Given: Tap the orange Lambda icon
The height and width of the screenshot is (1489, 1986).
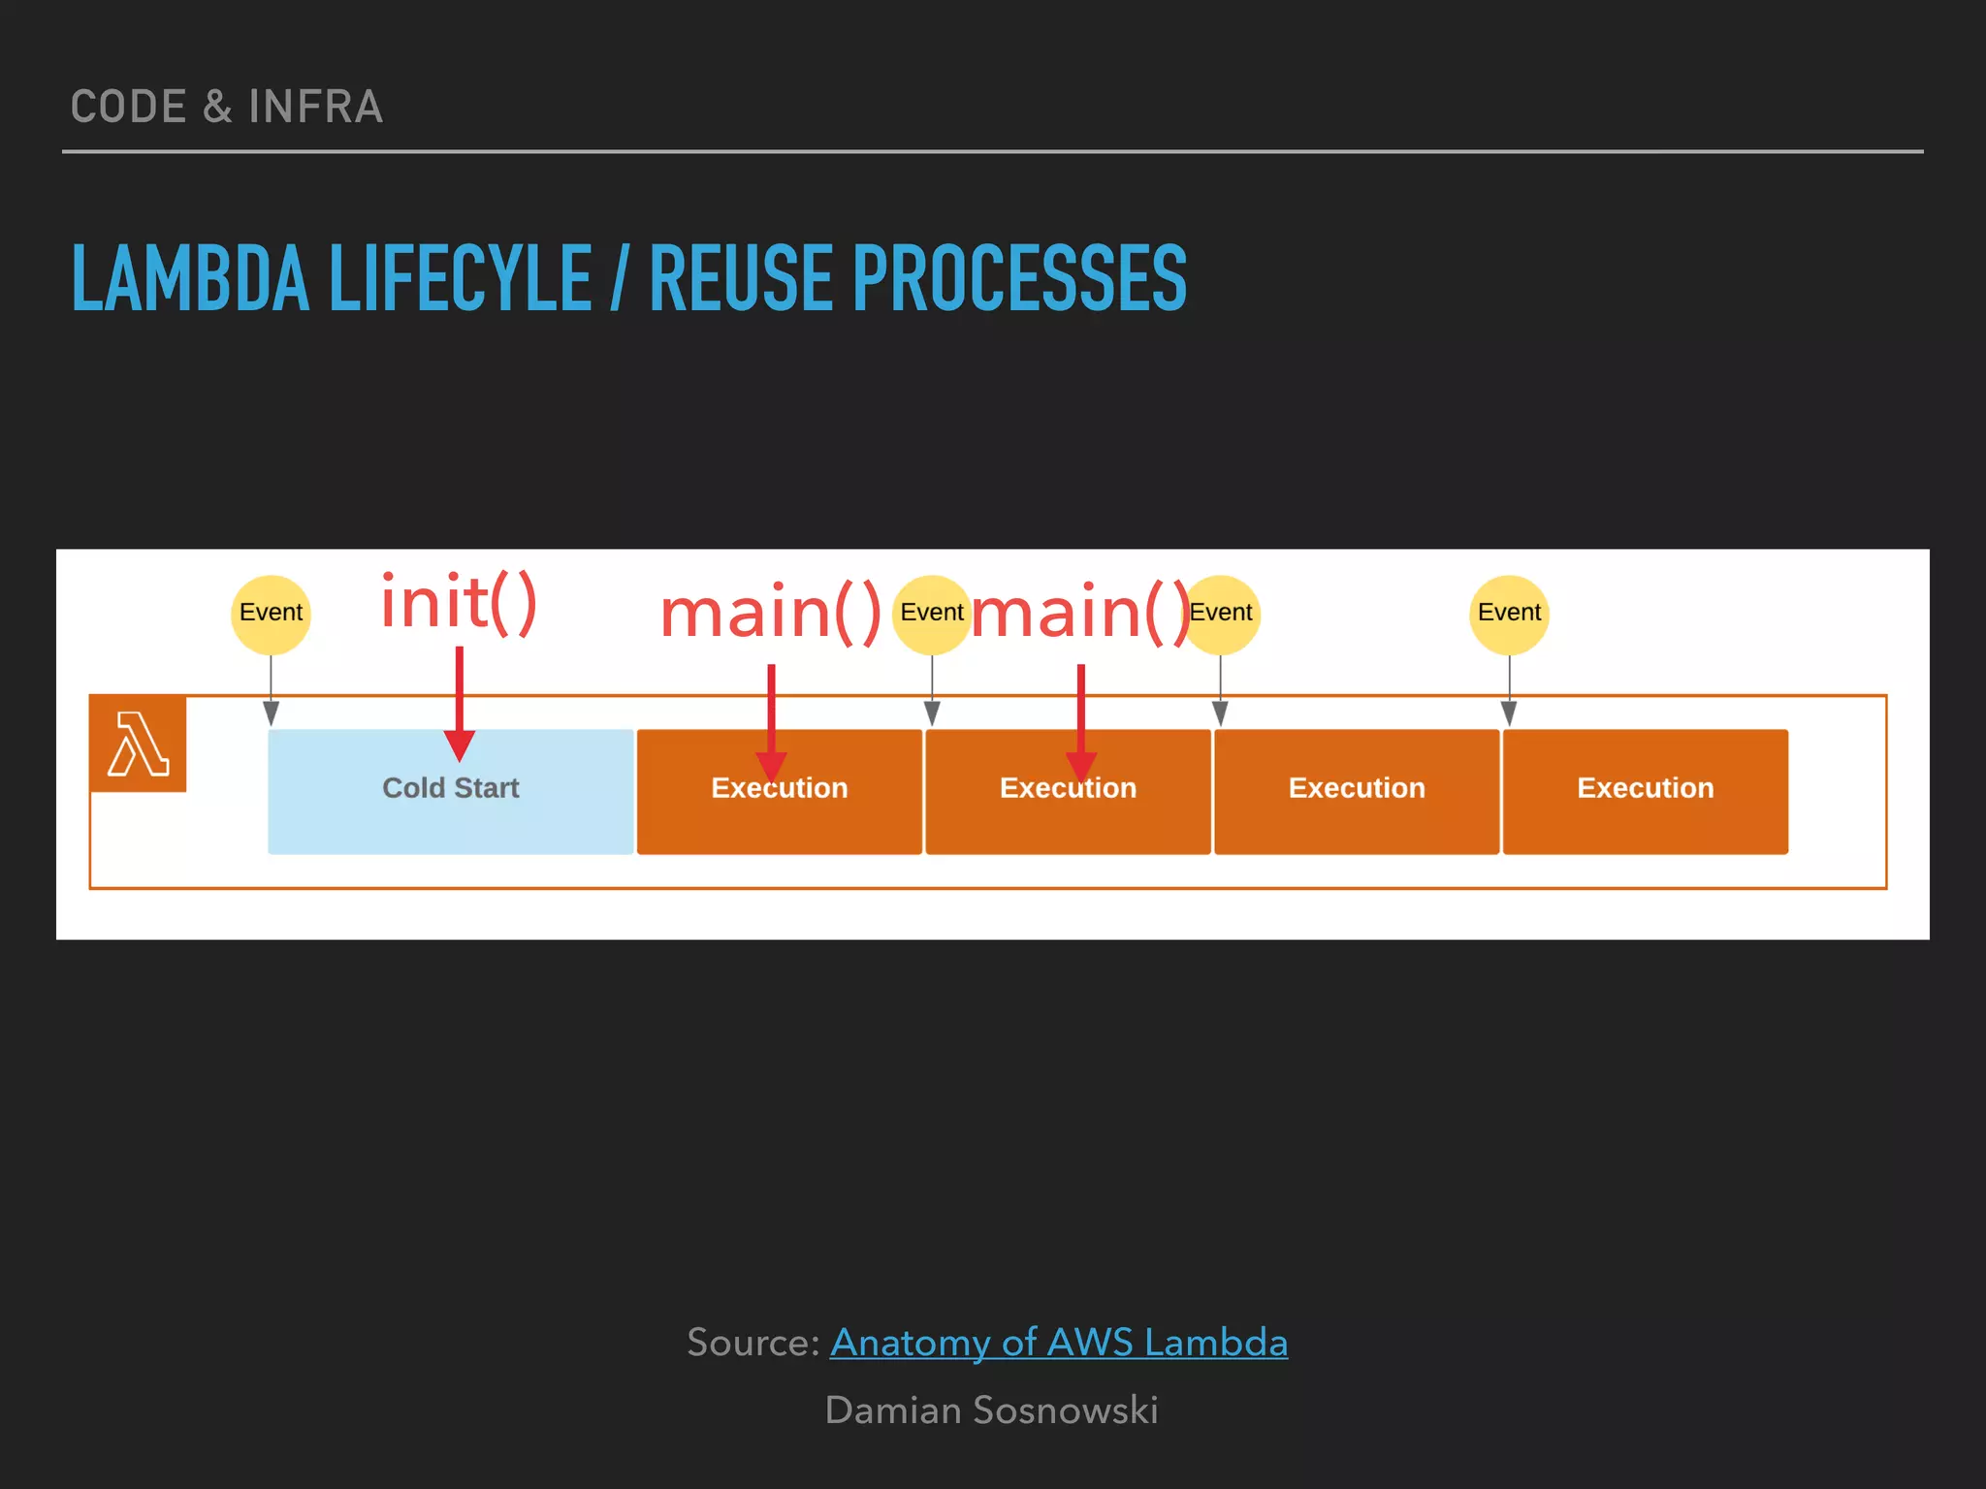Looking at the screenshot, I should click(x=138, y=744).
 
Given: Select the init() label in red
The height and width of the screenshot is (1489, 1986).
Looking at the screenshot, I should click(x=458, y=603).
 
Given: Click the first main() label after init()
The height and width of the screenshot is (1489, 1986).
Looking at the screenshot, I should click(x=770, y=613).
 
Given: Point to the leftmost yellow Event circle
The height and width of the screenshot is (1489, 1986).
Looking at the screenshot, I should click(x=271, y=613).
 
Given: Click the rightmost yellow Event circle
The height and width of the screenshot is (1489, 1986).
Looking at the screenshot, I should click(x=1509, y=613).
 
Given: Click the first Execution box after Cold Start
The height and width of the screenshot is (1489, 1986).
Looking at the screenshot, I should click(x=779, y=814).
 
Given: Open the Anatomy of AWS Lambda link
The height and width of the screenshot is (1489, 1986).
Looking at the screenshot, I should click(x=1058, y=1343).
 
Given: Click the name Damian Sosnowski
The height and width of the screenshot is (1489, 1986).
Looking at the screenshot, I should click(x=991, y=1410).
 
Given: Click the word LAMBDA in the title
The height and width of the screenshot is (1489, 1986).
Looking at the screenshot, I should click(x=190, y=279).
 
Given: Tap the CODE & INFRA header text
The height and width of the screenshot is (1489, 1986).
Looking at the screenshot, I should click(x=227, y=107).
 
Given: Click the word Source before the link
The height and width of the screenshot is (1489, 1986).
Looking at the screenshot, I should click(x=752, y=1343).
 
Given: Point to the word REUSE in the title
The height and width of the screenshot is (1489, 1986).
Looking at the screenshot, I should click(x=742, y=279).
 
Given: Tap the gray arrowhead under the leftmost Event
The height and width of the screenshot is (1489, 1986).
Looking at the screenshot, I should click(x=272, y=714).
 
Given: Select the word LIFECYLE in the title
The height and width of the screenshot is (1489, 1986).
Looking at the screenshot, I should click(x=461, y=279).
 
